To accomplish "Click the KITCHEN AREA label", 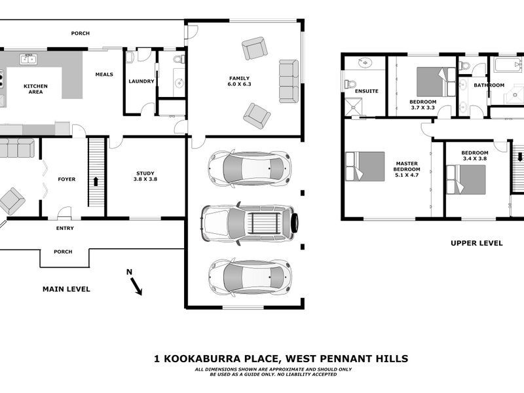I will pos(35,88).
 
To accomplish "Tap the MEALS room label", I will pos(104,75).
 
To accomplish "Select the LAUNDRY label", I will pos(141,82).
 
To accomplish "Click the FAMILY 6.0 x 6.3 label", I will pos(239,81).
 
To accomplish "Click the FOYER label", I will pos(67,179).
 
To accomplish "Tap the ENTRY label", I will pos(65,229).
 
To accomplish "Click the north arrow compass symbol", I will pos(135,284).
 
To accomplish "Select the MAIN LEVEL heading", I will pos(66,289).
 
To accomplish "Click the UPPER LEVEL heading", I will pos(476,243).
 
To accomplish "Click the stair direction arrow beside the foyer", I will pos(97,181).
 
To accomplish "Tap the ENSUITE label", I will pos(366,91).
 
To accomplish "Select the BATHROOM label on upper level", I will pos(489,85).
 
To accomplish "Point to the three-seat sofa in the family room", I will pos(288,81).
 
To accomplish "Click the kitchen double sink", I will pos(28,59).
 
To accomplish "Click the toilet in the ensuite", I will pos(350,84).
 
